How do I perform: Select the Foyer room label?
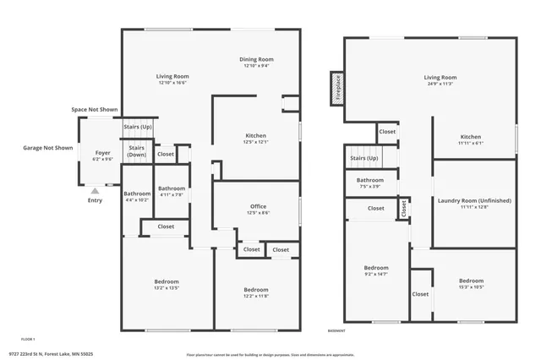(102, 153)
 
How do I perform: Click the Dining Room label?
(256, 59)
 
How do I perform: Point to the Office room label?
(258, 206)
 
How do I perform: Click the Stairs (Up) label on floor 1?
(137, 127)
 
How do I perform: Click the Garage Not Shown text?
(47, 147)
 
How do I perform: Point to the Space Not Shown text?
(94, 110)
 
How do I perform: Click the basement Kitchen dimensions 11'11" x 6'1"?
(471, 143)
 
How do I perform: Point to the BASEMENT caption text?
(336, 330)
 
